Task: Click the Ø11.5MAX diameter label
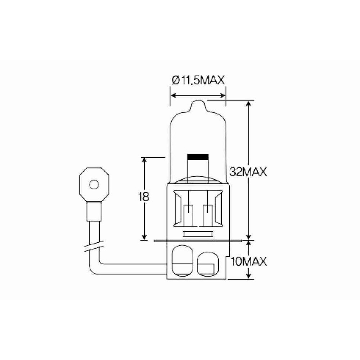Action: pyautogui.click(x=198, y=80)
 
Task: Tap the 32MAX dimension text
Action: pyautogui.click(x=248, y=172)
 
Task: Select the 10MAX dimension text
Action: pyautogui.click(x=248, y=261)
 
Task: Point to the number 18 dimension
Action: pyautogui.click(x=144, y=197)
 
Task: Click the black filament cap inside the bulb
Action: pyautogui.click(x=198, y=157)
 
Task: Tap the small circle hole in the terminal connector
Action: pyautogui.click(x=94, y=185)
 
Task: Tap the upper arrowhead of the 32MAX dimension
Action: pyautogui.click(x=248, y=104)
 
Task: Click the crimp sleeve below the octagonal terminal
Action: pyautogui.click(x=94, y=211)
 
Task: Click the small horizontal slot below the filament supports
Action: pyautogui.click(x=198, y=234)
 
